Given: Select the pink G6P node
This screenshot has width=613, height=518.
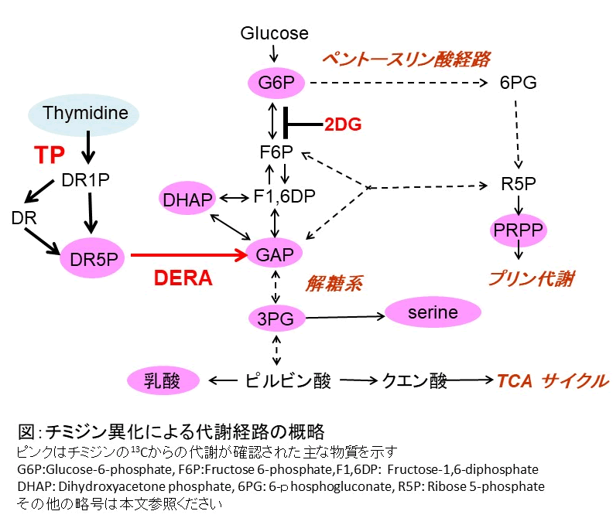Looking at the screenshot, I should pyautogui.click(x=276, y=82).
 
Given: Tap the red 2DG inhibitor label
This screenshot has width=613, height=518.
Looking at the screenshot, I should pyautogui.click(x=343, y=123).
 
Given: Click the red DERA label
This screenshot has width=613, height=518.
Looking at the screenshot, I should pyautogui.click(x=183, y=278).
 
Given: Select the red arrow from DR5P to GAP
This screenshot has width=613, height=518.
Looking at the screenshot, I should pyautogui.click(x=186, y=253).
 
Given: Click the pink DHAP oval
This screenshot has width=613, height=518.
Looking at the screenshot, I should pyautogui.click(x=187, y=199).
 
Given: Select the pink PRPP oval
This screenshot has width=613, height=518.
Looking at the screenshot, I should pyautogui.click(x=519, y=229).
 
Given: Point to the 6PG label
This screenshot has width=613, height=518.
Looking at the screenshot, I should pyautogui.click(x=519, y=82).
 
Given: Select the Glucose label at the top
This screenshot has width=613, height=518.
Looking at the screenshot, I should pyautogui.click(x=274, y=33).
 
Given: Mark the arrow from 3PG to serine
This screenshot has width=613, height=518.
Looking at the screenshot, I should pyautogui.click(x=341, y=316).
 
